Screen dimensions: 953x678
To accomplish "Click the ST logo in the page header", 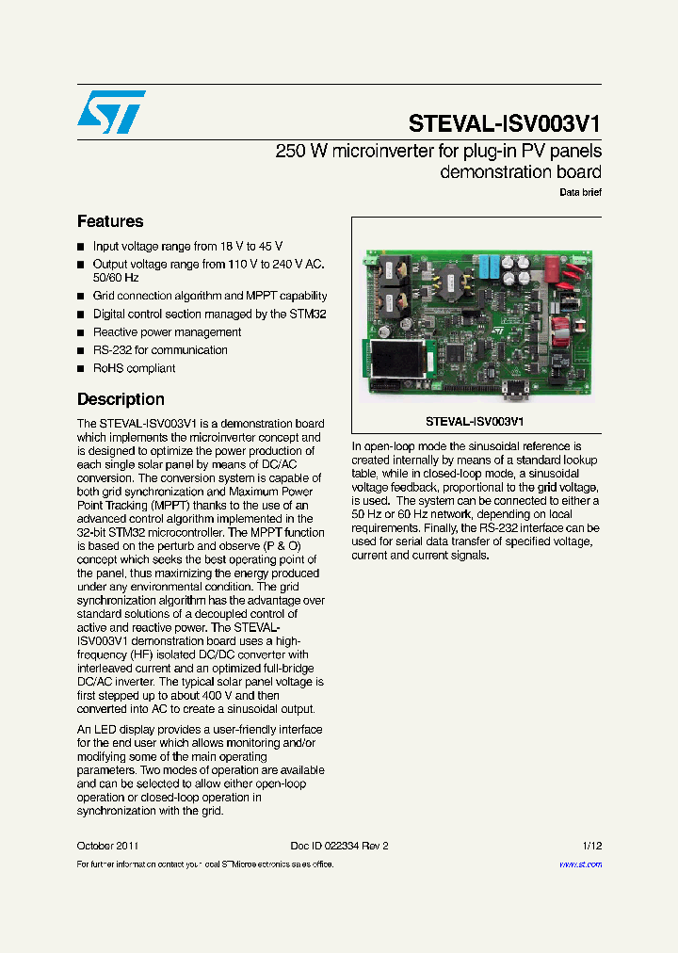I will coord(111,112).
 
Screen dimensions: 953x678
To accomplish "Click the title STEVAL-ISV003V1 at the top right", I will coord(505,124).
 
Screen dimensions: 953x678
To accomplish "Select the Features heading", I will coord(110,221).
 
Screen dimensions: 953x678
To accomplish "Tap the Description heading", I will coord(121,399).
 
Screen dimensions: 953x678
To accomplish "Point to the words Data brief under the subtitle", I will coord(580,192).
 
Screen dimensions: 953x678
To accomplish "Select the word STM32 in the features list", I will coord(308,314).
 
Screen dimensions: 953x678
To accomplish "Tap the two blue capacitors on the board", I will coord(490,267).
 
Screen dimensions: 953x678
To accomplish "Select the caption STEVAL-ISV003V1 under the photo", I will coord(475,422).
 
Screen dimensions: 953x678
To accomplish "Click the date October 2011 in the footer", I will coord(108,846).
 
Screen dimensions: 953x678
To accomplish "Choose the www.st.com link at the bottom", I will coord(580,864).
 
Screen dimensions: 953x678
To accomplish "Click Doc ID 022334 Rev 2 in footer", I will coord(339,846).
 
